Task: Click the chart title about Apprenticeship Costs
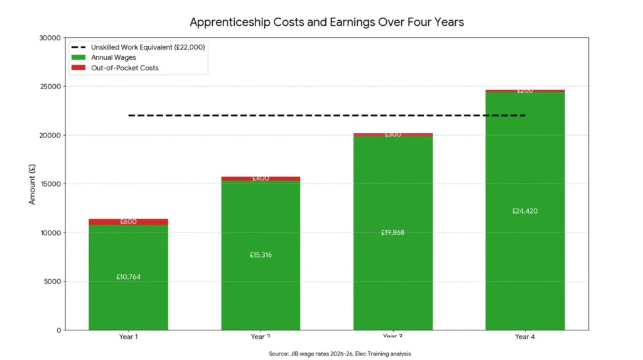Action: coord(327,23)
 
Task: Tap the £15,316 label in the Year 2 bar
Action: coord(261,254)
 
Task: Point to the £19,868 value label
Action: coord(392,232)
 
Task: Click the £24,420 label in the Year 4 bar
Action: coord(525,210)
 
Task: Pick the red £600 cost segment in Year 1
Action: coord(128,222)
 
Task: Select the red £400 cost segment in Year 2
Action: coord(261,178)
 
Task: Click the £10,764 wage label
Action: coord(128,276)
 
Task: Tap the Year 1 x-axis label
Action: coord(128,337)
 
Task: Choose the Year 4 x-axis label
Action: coord(525,337)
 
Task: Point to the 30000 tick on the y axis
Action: coord(51,38)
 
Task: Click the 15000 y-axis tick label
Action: coord(51,184)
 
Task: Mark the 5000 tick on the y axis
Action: coord(53,281)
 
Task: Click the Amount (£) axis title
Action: coord(32,183)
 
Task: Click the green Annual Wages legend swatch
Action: coord(78,57)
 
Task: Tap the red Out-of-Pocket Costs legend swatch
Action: coord(78,67)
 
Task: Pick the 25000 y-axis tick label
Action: coord(51,86)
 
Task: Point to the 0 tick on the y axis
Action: coord(59,330)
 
